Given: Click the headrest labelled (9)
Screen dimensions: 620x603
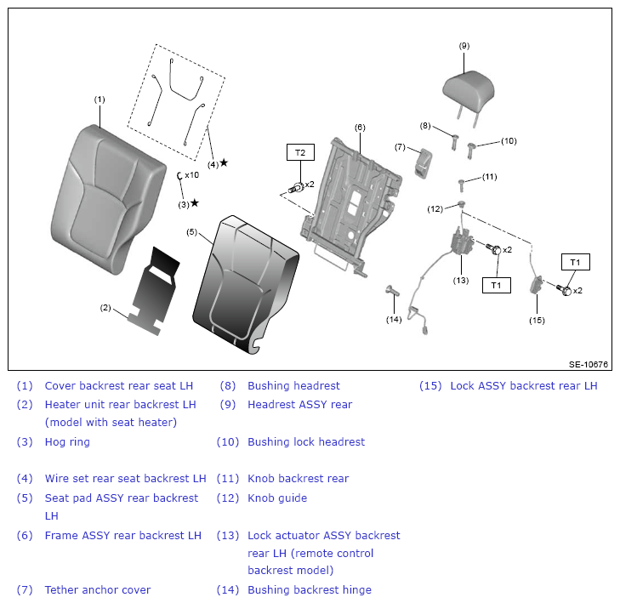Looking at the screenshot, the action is (x=469, y=93).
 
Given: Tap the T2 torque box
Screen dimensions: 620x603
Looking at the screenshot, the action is (x=300, y=152).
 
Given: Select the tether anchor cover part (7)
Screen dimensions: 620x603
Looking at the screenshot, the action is (x=423, y=163).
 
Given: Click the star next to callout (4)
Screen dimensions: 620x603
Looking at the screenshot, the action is (x=224, y=162).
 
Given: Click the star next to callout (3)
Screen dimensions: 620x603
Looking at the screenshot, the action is (x=195, y=203).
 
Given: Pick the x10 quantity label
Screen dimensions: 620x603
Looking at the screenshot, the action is (x=191, y=174).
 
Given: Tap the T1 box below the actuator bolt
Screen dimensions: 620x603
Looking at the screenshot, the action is (x=496, y=285).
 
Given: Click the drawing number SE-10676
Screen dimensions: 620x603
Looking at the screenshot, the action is (x=588, y=364).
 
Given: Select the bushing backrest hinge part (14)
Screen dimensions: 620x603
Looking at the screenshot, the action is (x=393, y=291).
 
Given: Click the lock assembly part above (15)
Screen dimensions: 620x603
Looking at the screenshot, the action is (x=536, y=285).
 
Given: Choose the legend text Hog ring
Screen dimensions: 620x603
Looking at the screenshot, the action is (x=67, y=441).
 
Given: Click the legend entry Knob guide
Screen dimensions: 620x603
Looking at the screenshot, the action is (x=277, y=498).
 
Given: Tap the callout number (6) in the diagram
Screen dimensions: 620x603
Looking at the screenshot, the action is (x=360, y=128).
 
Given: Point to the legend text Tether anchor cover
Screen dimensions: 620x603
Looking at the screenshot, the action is (x=98, y=589).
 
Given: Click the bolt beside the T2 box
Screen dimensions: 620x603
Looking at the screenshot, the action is (x=296, y=187).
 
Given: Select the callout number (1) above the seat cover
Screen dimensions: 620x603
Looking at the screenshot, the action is (x=100, y=100).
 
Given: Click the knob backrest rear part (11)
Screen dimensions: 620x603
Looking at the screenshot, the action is (x=461, y=185).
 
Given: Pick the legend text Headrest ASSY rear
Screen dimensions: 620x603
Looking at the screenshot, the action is (x=299, y=405).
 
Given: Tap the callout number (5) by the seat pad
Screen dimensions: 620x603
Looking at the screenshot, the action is (x=191, y=232).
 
